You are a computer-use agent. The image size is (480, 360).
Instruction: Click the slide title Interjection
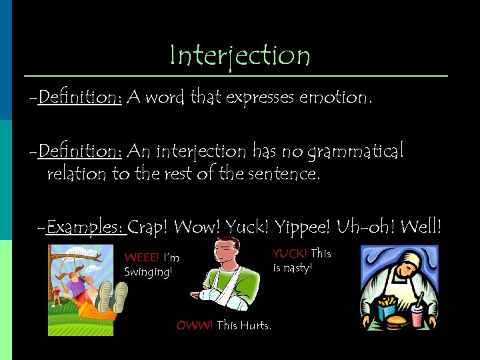(240, 56)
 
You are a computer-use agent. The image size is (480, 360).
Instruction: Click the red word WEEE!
(141, 258)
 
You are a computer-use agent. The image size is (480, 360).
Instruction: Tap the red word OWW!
(195, 326)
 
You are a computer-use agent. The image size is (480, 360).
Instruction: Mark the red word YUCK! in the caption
(290, 253)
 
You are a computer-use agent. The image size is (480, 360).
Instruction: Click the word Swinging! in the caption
(148, 272)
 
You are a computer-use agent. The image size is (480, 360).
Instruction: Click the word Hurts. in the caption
(256, 326)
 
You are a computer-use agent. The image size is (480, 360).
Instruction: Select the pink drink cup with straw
(417, 315)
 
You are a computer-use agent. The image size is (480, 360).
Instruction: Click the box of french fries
(387, 308)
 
